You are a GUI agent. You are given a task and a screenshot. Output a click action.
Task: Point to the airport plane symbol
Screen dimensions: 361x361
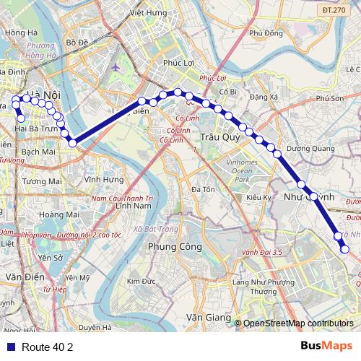(x=116, y=67)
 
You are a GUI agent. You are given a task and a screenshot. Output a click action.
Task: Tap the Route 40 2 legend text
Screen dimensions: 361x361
(x=48, y=347)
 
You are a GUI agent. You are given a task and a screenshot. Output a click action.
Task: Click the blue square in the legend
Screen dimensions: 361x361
(x=10, y=347)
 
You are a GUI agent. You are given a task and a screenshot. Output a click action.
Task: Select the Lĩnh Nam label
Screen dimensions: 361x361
(x=131, y=206)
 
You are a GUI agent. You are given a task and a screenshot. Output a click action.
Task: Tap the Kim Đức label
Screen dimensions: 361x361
(x=141, y=281)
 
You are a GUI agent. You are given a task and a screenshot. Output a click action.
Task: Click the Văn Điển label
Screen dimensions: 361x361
(x=20, y=277)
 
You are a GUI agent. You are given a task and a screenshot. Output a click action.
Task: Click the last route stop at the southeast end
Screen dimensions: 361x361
(x=344, y=249)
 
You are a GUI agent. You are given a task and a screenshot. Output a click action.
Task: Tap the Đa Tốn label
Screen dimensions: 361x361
(x=204, y=189)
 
